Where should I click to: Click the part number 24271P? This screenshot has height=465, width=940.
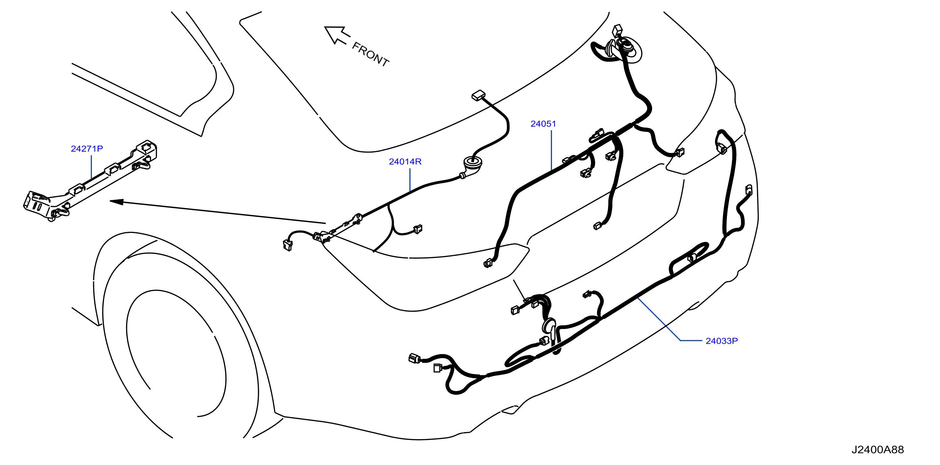click(87, 149)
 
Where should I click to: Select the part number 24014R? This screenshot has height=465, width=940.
click(405, 161)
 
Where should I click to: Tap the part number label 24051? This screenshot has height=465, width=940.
click(543, 124)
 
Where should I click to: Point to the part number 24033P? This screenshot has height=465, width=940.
click(722, 341)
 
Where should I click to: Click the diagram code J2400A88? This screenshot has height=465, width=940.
click(878, 450)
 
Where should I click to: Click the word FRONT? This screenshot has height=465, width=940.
click(370, 54)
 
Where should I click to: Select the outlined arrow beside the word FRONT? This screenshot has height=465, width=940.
click(337, 35)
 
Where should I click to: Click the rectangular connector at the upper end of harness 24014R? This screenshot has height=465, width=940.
click(479, 96)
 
